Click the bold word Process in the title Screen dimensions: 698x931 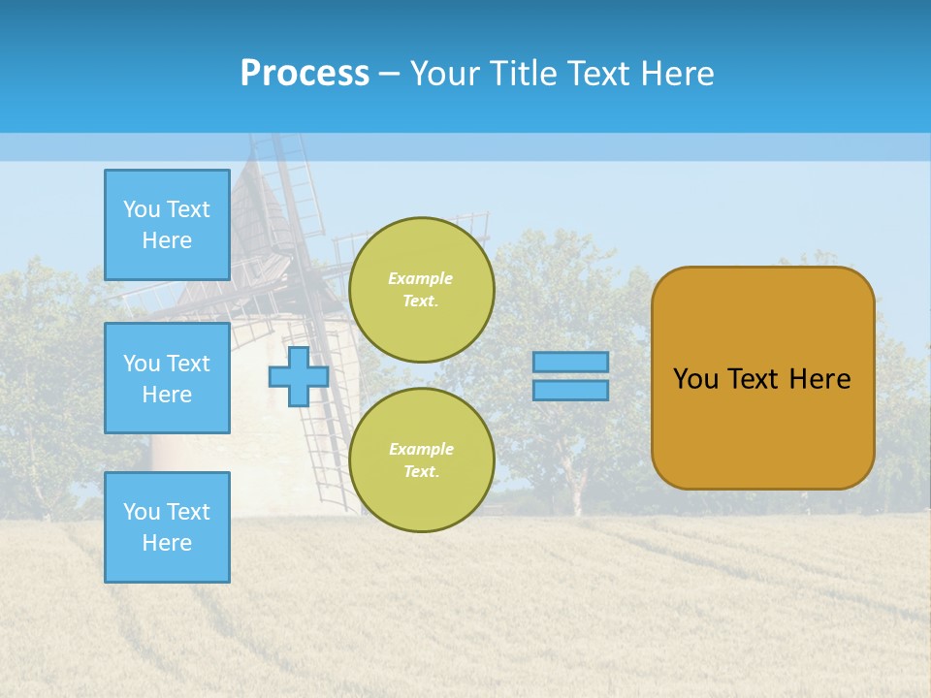click(305, 74)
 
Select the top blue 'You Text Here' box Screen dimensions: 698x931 click(167, 225)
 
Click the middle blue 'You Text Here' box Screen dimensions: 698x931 click(167, 378)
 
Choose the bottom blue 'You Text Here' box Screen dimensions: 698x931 click(167, 527)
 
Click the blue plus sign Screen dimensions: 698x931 click(298, 377)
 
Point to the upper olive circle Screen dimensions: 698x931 click(422, 290)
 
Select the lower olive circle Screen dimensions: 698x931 click(422, 460)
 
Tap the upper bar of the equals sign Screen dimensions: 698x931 click(570, 363)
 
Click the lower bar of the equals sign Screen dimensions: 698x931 click(570, 391)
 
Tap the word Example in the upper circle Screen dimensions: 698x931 click(421, 278)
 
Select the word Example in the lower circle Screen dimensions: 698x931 click(421, 449)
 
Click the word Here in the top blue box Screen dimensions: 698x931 click(167, 240)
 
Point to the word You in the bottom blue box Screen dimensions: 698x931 click(142, 512)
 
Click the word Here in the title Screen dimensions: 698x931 click(679, 74)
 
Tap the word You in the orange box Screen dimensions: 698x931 click(695, 379)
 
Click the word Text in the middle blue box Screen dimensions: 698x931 click(187, 364)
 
